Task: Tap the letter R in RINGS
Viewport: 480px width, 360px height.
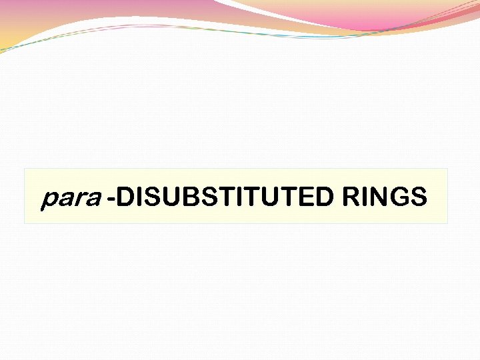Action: [x=351, y=197]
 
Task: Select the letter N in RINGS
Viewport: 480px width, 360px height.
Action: [x=377, y=197]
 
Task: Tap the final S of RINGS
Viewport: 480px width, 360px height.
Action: [x=417, y=197]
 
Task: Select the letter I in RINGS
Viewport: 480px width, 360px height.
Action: [x=364, y=197]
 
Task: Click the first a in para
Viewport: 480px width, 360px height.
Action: [x=65, y=199]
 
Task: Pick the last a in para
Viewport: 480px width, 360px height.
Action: [x=91, y=199]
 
